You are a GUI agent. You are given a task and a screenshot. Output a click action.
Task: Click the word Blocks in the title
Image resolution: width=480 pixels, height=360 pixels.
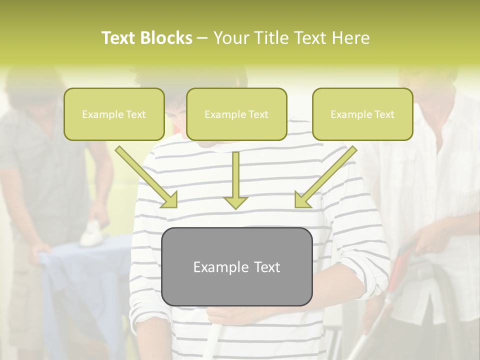(x=166, y=38)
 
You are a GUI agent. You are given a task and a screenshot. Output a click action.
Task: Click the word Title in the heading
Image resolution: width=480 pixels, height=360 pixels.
(x=271, y=38)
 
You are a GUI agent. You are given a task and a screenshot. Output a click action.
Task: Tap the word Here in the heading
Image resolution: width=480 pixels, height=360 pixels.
(x=350, y=38)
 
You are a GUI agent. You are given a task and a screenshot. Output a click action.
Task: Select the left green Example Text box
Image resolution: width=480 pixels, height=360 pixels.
(x=114, y=114)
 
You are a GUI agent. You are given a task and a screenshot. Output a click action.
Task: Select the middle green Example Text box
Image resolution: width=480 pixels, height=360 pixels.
(x=236, y=114)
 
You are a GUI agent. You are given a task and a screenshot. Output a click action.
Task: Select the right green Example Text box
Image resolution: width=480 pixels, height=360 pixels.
(x=362, y=114)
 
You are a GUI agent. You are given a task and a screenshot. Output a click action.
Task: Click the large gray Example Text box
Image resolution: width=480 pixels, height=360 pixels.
(x=236, y=266)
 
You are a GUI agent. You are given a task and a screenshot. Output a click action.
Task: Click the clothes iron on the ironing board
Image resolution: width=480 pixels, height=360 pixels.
(x=92, y=233)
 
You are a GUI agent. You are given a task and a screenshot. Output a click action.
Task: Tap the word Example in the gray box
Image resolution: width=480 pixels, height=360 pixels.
(x=216, y=267)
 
